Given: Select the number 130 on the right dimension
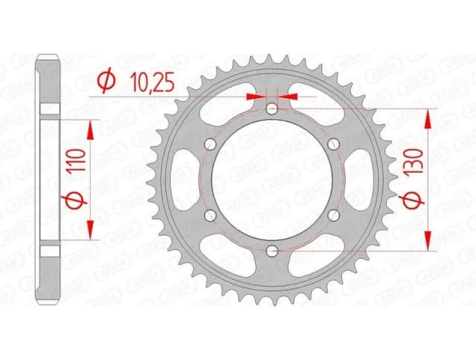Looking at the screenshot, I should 416,160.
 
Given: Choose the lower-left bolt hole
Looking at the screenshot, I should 211,215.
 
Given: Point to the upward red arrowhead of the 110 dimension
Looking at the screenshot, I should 91,129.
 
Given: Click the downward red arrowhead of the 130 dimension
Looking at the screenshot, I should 428,240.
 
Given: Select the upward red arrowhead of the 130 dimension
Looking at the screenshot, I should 428,119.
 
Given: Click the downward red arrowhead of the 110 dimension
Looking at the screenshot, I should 91,230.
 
